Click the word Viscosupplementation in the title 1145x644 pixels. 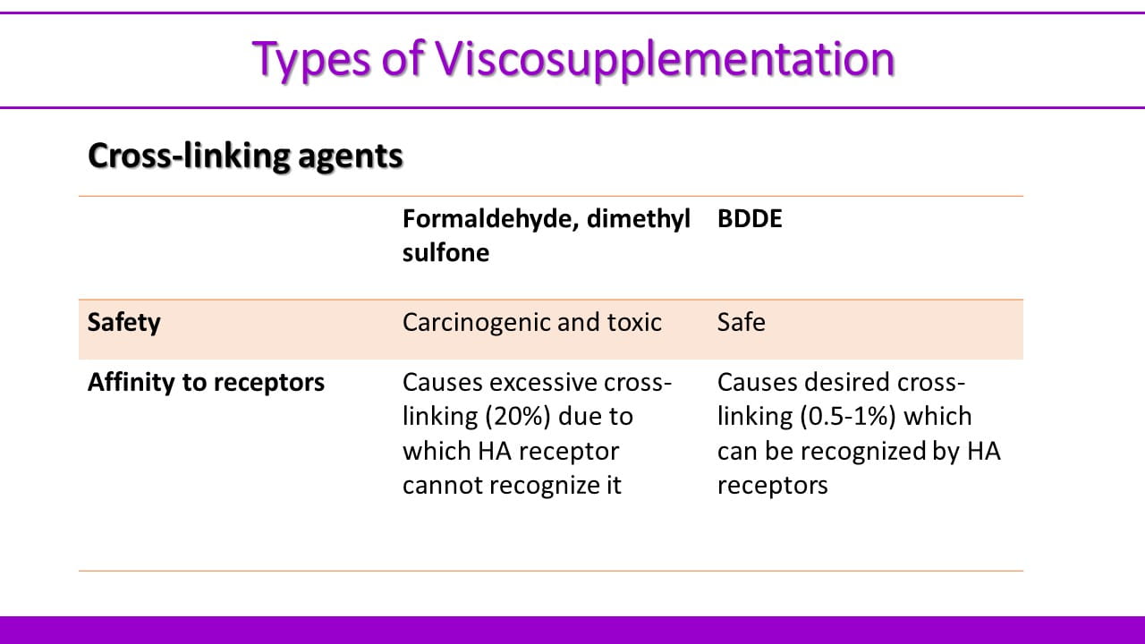click(665, 59)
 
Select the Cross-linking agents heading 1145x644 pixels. click(245, 156)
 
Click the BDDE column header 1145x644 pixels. click(750, 219)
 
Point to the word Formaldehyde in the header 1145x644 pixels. click(490, 220)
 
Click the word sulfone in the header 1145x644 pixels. click(445, 252)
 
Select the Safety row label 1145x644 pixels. click(124, 323)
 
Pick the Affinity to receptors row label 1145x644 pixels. click(206, 383)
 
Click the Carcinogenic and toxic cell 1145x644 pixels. click(532, 323)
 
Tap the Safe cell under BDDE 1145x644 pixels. click(742, 323)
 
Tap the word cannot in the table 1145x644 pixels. click(442, 486)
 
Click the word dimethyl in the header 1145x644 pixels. click(639, 220)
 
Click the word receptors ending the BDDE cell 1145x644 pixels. click(772, 486)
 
